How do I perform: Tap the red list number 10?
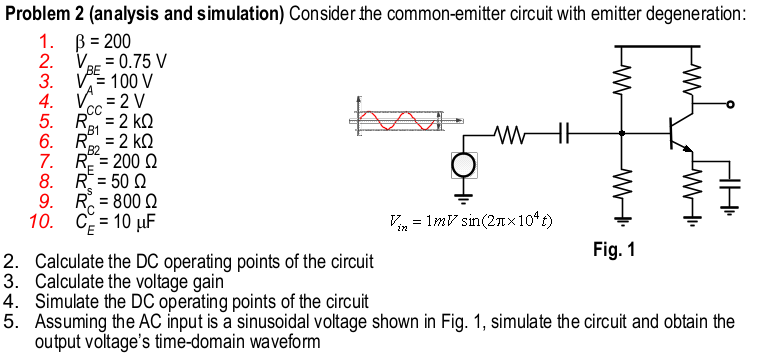44,220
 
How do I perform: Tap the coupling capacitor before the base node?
565,132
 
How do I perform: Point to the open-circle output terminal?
731,104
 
